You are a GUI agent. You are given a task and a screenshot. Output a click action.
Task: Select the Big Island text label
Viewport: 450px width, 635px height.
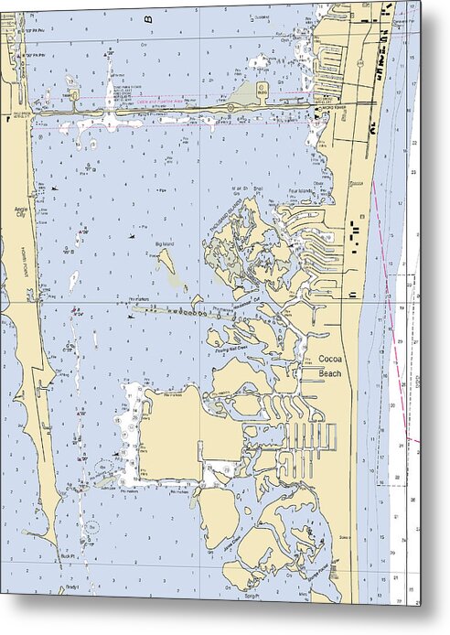tap(165, 244)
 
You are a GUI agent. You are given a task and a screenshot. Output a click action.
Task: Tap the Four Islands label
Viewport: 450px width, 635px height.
tap(300, 191)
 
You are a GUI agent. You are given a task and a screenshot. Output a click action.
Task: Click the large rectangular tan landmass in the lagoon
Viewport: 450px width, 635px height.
tap(174, 430)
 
